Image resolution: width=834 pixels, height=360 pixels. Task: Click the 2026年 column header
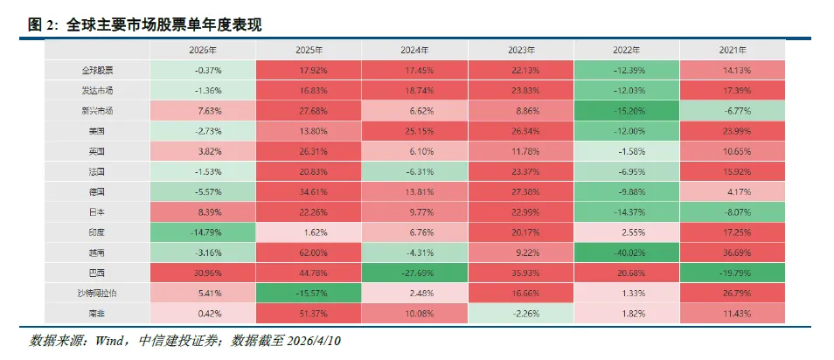coord(203,50)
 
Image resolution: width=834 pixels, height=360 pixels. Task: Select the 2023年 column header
coord(521,50)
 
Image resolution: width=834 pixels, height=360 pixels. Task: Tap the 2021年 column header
coord(733,50)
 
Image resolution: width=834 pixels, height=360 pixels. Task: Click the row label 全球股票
coord(97,70)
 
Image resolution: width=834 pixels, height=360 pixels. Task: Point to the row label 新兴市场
coord(97,110)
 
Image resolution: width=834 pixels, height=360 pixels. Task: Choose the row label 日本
coord(97,211)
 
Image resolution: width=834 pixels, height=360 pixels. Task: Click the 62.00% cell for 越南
coord(309,251)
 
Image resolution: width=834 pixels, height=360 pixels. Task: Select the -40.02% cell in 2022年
coord(628,251)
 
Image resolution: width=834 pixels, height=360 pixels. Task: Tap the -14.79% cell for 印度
coord(203,231)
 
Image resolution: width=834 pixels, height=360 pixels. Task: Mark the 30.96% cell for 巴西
coord(203,271)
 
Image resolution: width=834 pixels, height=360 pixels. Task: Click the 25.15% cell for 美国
coord(415,130)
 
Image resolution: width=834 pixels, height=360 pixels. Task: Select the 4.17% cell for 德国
coord(733,190)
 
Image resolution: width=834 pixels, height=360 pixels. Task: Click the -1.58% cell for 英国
coord(628,150)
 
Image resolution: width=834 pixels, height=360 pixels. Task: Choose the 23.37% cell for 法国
coord(521,170)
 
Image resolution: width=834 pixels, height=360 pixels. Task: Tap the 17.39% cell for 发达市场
coord(733,90)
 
